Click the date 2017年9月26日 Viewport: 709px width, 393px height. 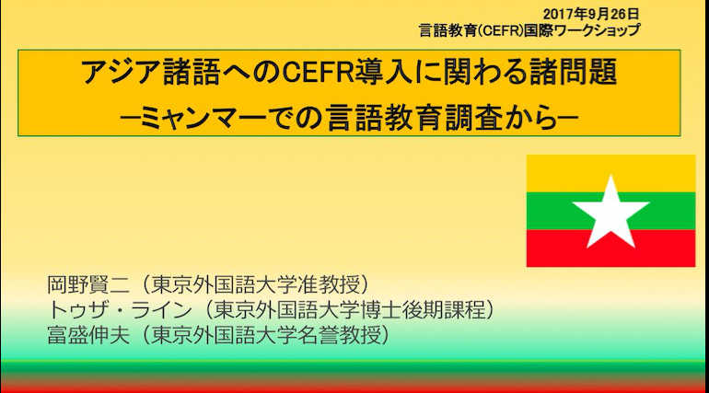[591, 15]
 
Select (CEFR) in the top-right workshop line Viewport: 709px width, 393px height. [501, 30]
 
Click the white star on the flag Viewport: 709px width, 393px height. [610, 213]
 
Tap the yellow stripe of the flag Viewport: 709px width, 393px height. [610, 173]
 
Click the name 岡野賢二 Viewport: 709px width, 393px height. [88, 285]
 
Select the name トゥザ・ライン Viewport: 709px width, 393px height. [120, 310]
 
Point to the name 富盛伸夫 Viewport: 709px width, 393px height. [88, 335]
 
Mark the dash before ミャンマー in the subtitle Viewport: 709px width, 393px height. [130, 118]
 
